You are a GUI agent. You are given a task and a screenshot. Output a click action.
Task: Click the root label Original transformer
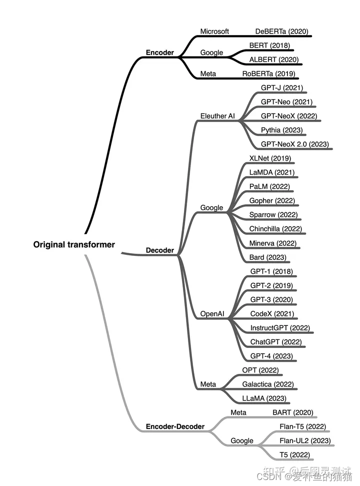click(74, 245)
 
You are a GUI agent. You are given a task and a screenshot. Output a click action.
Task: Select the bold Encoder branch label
click(160, 52)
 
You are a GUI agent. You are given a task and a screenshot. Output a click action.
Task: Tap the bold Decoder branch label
click(160, 250)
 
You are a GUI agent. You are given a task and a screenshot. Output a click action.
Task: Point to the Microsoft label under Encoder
click(214, 31)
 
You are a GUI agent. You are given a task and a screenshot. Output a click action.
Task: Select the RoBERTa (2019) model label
click(268, 74)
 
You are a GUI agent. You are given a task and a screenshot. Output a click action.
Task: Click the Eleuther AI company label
click(217, 116)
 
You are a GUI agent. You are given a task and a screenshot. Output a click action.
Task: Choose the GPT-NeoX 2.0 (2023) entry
click(294, 144)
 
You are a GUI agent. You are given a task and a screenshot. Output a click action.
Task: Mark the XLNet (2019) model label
click(270, 158)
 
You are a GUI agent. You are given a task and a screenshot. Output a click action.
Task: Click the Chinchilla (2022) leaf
click(275, 229)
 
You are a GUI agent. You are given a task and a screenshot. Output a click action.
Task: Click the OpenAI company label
click(212, 314)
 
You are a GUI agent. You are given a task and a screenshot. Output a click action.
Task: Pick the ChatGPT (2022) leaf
click(276, 342)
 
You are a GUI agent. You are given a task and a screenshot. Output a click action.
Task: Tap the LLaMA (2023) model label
click(263, 398)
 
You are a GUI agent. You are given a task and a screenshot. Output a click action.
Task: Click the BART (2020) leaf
click(292, 412)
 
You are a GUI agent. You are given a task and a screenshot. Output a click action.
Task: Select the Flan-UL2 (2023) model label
click(305, 440)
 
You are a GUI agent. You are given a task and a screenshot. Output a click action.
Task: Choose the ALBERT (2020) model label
click(274, 60)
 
